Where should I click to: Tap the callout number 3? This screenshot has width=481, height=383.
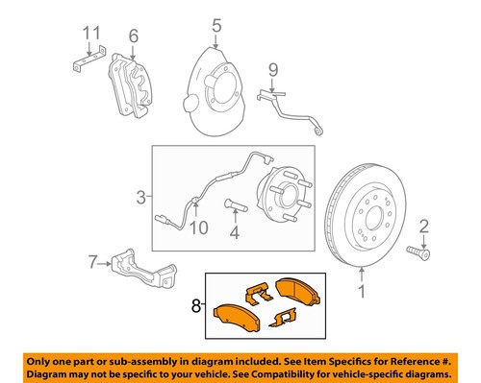tap(140, 198)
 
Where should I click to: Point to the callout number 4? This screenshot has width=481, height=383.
tap(233, 230)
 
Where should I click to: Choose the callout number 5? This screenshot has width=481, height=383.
tap(216, 25)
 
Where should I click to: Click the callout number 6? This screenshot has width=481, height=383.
tap(133, 36)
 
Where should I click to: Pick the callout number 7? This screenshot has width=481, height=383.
tap(93, 261)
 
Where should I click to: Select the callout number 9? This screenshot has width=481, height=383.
tap(272, 69)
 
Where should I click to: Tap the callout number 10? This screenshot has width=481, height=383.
tap(197, 227)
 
